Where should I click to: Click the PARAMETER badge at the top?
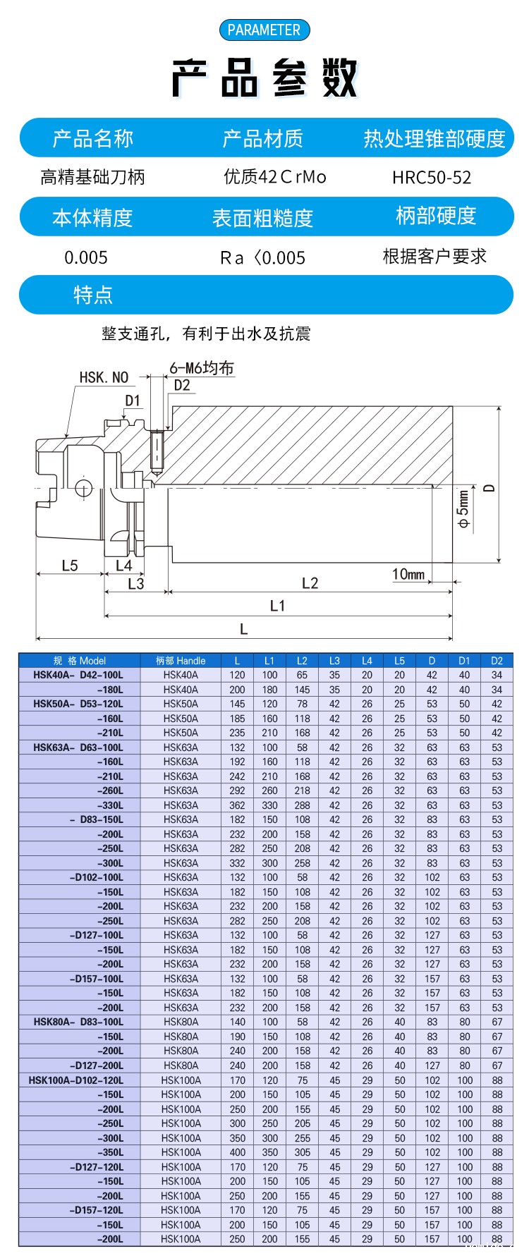click(x=264, y=30)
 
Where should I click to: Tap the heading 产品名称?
click(x=92, y=138)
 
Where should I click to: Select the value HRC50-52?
click(x=432, y=178)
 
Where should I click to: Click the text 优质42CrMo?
click(x=275, y=177)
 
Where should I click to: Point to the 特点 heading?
click(x=93, y=295)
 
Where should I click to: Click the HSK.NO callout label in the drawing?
click(x=104, y=378)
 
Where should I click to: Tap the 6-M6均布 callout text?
click(x=201, y=368)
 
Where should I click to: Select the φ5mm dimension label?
click(x=463, y=508)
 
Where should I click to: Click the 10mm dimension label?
click(x=408, y=574)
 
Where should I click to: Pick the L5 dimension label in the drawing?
click(x=70, y=566)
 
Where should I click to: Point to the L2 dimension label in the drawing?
click(x=310, y=583)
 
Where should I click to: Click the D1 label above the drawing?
click(x=133, y=401)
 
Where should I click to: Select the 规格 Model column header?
click(x=80, y=661)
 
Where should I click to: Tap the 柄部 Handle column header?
click(x=181, y=661)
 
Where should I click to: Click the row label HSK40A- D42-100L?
click(x=78, y=675)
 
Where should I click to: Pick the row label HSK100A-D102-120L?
click(x=76, y=1080)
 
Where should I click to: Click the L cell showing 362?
click(x=237, y=805)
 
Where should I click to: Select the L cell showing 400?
click(x=237, y=1152)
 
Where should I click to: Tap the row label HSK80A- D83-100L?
click(x=78, y=1022)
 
